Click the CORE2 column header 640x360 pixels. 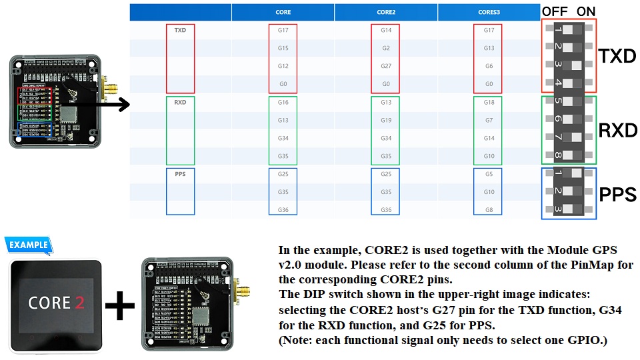coord(386,13)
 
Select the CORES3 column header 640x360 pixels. coord(489,13)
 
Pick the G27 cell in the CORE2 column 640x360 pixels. coord(386,66)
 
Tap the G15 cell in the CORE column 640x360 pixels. coord(283,48)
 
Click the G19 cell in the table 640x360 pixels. coord(386,121)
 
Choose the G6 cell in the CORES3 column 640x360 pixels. coord(489,66)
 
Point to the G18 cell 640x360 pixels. coord(489,103)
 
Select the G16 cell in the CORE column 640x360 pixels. coord(283,103)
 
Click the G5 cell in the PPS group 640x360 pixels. coord(489,174)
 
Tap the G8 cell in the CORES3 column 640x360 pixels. coord(489,210)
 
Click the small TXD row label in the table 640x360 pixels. coord(180,31)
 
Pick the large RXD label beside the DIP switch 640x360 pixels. coord(618,130)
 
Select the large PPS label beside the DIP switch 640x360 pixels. coord(618,195)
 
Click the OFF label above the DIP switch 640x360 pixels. coord(554,12)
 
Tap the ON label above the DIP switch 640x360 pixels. coord(586,12)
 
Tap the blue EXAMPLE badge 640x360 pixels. coord(28,245)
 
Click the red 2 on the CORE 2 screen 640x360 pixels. coord(80,303)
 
